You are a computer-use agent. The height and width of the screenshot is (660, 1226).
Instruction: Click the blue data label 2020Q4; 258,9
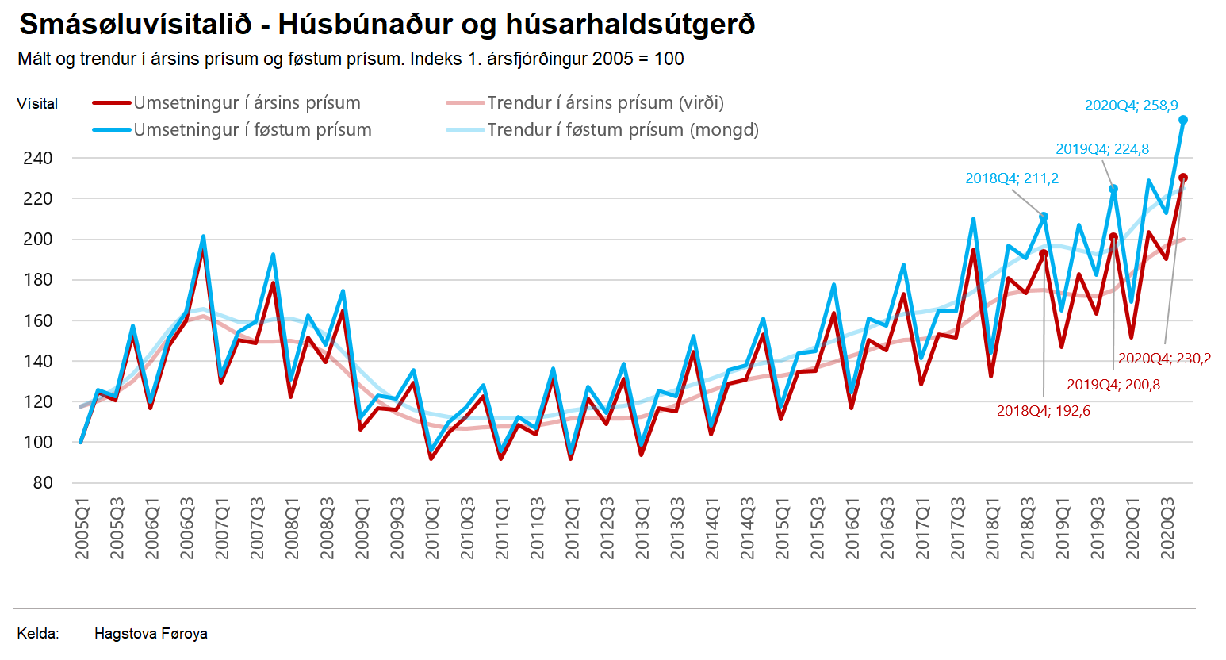tap(1131, 105)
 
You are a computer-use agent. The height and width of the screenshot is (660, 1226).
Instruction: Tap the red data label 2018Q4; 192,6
tap(1043, 411)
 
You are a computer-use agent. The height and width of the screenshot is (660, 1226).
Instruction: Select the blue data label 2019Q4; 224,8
tap(1102, 149)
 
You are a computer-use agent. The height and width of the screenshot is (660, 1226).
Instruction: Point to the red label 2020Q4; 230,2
tap(1164, 359)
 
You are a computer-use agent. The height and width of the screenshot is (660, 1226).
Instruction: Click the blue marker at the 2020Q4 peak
tap(1183, 120)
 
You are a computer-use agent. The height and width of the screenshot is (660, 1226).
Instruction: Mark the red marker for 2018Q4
tap(1044, 254)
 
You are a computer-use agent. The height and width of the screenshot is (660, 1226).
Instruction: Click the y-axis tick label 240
tap(38, 158)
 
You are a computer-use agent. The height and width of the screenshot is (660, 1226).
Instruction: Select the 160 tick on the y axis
tap(38, 320)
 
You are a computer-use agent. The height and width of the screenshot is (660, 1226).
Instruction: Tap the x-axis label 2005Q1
tap(82, 529)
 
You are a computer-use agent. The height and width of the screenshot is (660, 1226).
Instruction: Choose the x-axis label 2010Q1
tap(433, 529)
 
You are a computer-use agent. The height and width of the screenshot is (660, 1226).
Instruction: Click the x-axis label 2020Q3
tap(1168, 529)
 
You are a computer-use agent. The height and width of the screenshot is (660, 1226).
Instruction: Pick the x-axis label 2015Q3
tap(818, 529)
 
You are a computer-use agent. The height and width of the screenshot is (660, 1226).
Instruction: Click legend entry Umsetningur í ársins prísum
tap(247, 103)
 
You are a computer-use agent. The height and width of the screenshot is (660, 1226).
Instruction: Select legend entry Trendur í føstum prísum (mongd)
tap(623, 130)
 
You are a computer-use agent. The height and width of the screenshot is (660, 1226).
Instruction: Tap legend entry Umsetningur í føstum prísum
tap(252, 130)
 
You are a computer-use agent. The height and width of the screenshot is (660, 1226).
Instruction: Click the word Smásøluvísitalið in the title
tap(135, 25)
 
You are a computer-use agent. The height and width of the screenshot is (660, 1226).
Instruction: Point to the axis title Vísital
tap(37, 104)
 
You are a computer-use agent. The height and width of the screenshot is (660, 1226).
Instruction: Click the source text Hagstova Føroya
tap(151, 634)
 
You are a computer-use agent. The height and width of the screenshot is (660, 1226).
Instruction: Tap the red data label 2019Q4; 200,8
tap(1113, 385)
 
